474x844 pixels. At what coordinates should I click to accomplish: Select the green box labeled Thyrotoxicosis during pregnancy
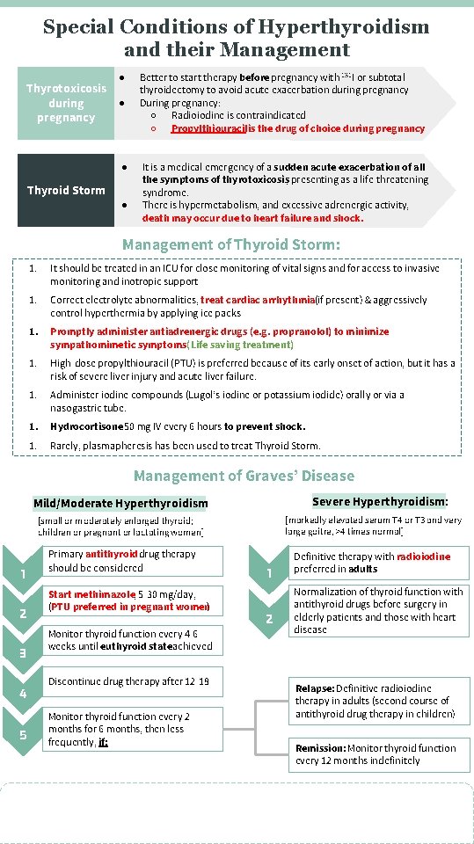[66, 103]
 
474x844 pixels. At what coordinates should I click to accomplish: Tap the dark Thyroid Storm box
[66, 190]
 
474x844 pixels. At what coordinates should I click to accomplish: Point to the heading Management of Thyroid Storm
[231, 244]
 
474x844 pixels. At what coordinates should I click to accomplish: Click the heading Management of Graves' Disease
[244, 476]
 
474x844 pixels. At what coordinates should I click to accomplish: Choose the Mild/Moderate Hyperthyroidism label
[120, 503]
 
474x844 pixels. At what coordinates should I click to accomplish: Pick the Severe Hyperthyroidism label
[380, 501]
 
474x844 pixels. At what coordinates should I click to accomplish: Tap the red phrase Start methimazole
[85, 594]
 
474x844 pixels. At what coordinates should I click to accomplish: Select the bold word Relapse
[314, 688]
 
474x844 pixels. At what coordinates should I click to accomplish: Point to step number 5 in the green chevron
[21, 735]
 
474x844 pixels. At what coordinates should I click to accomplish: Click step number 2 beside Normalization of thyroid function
[269, 619]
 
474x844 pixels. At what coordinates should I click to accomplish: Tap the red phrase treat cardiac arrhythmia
[269, 300]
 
